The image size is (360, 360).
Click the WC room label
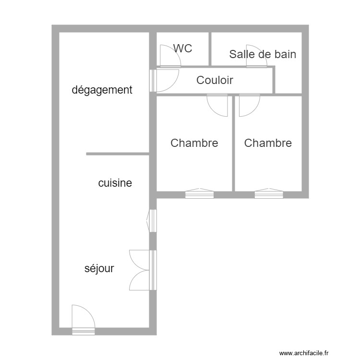[x=183, y=48]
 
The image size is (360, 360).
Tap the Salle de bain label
[x=263, y=54]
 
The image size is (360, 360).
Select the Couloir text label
[x=215, y=80]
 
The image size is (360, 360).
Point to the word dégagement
[x=102, y=90]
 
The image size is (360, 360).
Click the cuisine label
[x=115, y=183]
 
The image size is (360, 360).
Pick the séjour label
[x=99, y=268]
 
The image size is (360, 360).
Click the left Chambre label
[x=194, y=143]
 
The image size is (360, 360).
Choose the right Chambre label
[x=268, y=143]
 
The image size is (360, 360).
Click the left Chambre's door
[x=217, y=105]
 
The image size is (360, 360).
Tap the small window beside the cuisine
[x=152, y=221]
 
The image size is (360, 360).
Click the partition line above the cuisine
[x=118, y=154]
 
